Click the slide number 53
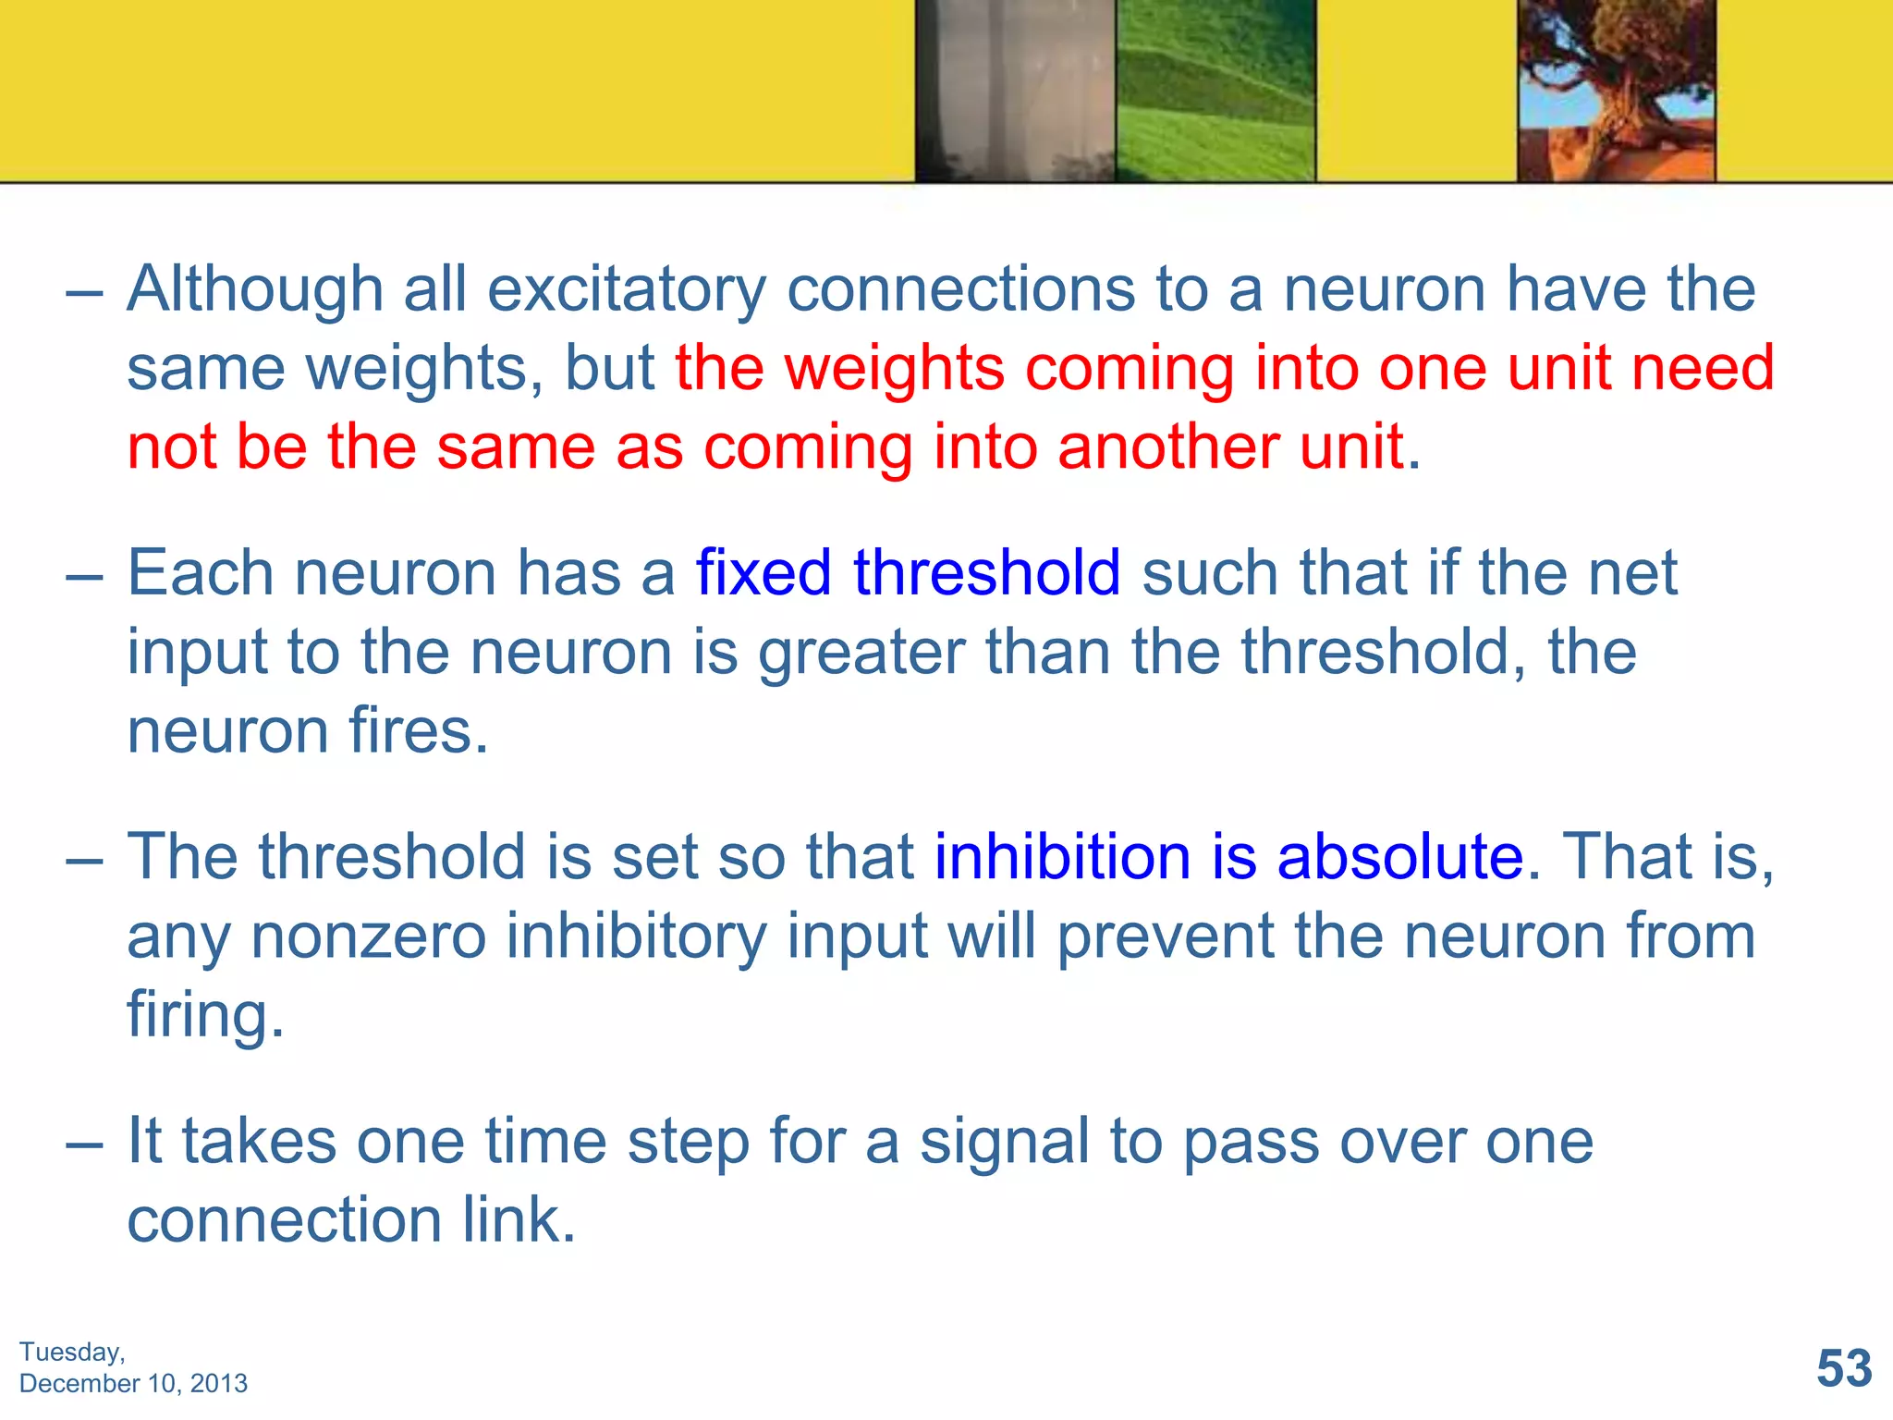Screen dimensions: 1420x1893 click(1844, 1368)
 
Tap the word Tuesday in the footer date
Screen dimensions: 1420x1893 click(70, 1353)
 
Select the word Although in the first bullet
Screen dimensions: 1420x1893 click(255, 288)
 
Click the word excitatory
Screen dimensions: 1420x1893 click(627, 290)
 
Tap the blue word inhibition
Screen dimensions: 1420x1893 click(1062, 856)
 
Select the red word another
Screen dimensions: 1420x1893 click(1168, 447)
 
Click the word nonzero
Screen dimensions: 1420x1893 click(368, 936)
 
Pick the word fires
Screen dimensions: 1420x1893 click(418, 730)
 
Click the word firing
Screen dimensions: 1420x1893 click(205, 1015)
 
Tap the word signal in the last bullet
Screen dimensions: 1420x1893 click(1004, 1141)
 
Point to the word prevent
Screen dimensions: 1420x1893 click(1165, 936)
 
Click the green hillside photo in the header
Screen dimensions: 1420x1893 click(1215, 91)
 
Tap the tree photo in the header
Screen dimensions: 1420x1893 click(1616, 91)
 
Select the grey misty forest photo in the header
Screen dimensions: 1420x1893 click(1015, 91)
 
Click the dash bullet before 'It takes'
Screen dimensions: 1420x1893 click(84, 1143)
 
